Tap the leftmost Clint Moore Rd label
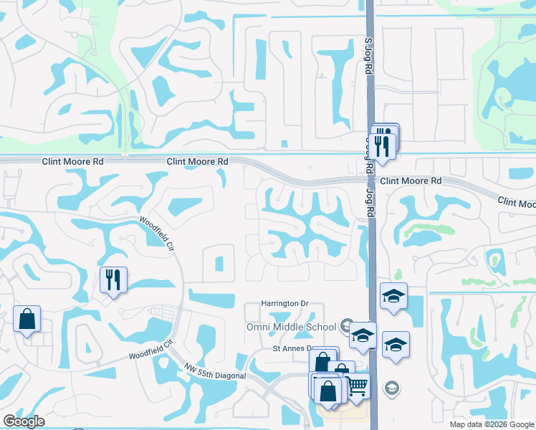point(72,162)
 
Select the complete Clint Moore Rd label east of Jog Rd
point(411,181)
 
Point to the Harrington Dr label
point(284,303)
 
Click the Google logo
point(24,421)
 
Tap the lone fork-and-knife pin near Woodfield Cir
point(113,279)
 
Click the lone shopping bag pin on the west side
point(27,319)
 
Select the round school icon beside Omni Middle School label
point(348,326)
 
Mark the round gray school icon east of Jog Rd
point(391,388)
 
